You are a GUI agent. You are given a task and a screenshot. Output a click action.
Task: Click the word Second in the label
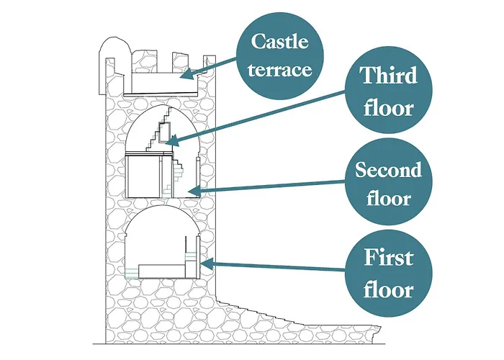pos(388,171)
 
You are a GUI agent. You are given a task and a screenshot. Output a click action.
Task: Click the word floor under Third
pos(388,109)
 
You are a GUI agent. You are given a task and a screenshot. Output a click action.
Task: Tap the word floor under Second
pos(388,198)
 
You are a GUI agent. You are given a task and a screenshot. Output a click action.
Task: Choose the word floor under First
pos(388,290)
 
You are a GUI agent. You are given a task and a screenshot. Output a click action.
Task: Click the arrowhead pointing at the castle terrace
pos(184,73)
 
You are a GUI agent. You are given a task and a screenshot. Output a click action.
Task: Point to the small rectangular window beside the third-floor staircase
pos(165,133)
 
